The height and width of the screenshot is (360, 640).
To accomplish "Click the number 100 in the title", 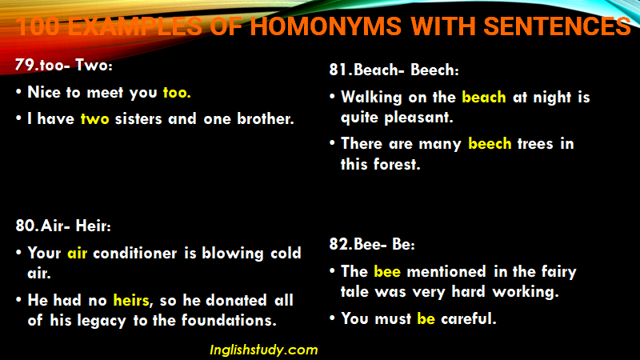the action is click(x=38, y=26).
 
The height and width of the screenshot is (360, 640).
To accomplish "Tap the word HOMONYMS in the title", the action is click(x=326, y=26).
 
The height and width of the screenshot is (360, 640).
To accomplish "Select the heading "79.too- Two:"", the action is click(x=64, y=65).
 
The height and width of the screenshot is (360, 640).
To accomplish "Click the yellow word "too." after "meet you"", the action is click(x=177, y=93).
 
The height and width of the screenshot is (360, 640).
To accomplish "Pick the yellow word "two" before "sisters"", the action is click(x=94, y=118).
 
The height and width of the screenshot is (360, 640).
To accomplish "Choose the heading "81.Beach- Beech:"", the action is click(x=394, y=70).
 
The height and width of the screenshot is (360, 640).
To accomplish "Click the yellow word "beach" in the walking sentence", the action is click(x=484, y=97).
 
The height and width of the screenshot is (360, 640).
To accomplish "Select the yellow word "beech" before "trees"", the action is click(x=490, y=144).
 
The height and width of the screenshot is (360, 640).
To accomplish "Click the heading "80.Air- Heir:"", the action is click(x=63, y=226).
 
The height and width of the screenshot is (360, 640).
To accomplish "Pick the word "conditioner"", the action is click(x=135, y=253).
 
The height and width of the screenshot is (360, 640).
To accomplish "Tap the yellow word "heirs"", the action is click(x=131, y=301).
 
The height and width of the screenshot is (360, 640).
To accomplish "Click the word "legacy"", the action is click(x=102, y=322).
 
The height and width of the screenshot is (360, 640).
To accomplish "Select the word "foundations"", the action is click(x=229, y=321).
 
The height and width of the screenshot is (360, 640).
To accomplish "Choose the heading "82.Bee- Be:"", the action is click(x=372, y=244).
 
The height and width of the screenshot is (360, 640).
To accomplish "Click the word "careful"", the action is click(x=469, y=318).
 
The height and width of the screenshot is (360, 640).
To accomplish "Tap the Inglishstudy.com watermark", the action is click(x=264, y=350).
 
